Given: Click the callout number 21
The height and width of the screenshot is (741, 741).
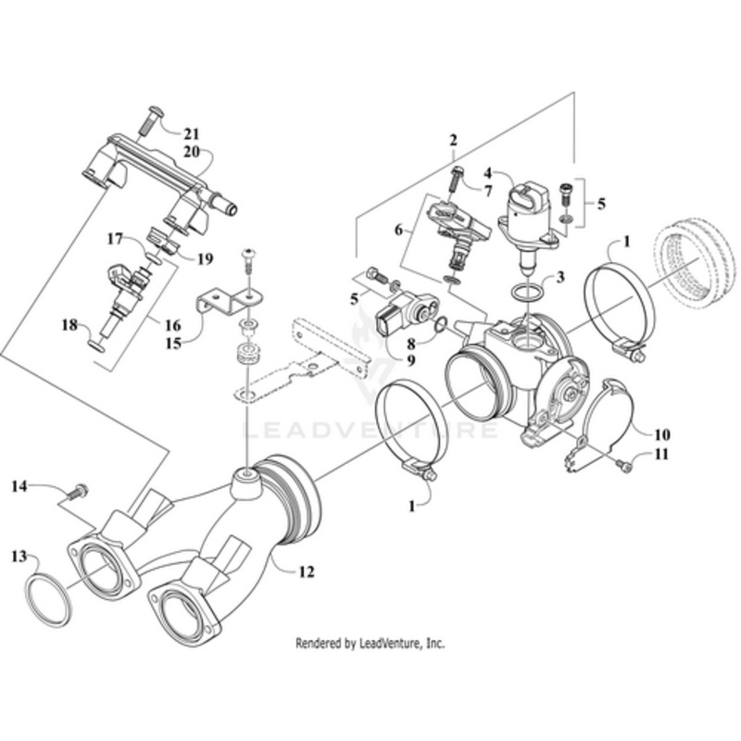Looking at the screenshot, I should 191,132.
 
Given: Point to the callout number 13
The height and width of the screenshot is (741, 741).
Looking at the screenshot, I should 19,556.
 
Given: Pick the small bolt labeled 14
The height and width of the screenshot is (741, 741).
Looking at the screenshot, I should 80,488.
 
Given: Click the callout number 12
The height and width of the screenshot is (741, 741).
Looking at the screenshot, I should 306,571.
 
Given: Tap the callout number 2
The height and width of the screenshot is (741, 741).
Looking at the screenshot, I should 453,140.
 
